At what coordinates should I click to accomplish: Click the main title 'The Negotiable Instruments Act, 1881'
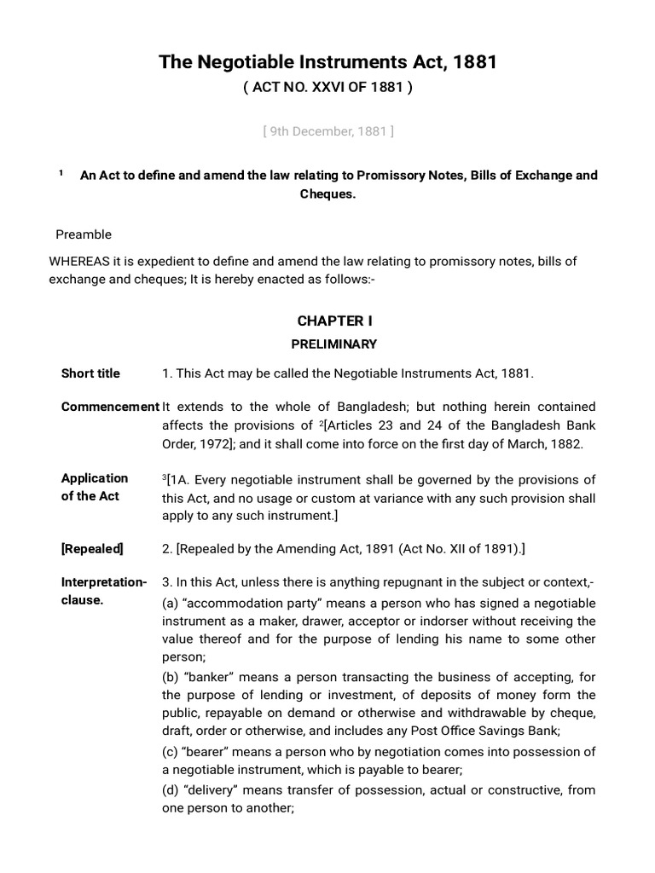coord(327,62)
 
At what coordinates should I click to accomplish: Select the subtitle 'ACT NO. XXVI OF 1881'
coord(327,88)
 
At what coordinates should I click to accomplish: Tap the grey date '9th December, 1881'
coord(327,131)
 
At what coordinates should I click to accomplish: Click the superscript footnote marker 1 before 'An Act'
coord(61,174)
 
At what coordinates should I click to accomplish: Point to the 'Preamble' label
coord(84,234)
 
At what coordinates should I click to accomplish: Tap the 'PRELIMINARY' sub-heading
coord(334,344)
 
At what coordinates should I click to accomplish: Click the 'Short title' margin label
coord(90,373)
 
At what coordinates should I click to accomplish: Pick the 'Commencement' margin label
coord(109,407)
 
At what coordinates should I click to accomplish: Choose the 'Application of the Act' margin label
coord(95,487)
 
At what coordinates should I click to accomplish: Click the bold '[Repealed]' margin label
coord(92,549)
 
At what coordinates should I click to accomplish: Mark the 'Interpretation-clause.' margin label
coord(103,591)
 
